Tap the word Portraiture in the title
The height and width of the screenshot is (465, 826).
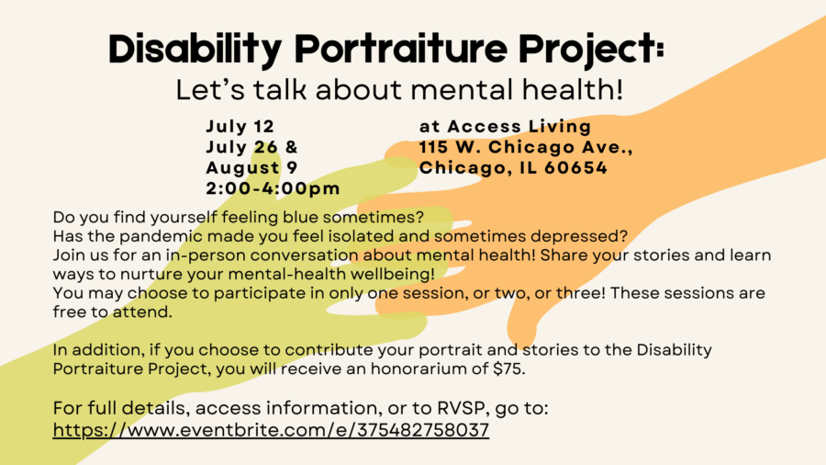click(x=400, y=49)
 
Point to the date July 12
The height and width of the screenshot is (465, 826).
click(x=240, y=127)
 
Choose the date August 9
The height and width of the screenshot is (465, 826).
click(x=251, y=167)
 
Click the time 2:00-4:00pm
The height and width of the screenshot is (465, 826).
click(x=273, y=188)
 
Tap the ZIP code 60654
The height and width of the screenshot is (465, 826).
click(x=575, y=167)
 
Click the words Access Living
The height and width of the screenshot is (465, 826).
click(x=519, y=127)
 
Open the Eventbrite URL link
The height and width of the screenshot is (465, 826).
click(x=271, y=430)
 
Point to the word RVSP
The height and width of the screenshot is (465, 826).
click(x=463, y=408)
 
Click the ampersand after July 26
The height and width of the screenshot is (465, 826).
click(x=291, y=147)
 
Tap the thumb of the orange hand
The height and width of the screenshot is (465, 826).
click(x=522, y=327)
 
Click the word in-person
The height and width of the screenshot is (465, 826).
click(x=206, y=255)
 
